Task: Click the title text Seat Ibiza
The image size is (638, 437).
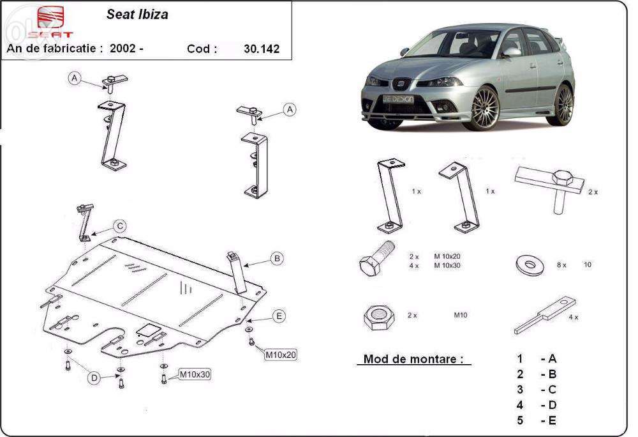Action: (x=137, y=14)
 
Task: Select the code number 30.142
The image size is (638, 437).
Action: (x=262, y=49)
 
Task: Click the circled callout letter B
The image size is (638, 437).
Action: (x=276, y=259)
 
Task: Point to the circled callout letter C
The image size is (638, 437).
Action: (x=120, y=226)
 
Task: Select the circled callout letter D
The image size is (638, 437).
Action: (x=94, y=378)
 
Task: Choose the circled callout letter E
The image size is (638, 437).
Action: (x=278, y=316)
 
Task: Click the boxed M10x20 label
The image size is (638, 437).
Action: (x=281, y=354)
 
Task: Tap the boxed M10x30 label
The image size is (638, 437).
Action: (x=195, y=374)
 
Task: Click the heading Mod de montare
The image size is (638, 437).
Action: (x=413, y=359)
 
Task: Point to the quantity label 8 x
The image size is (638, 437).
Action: (x=561, y=264)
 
